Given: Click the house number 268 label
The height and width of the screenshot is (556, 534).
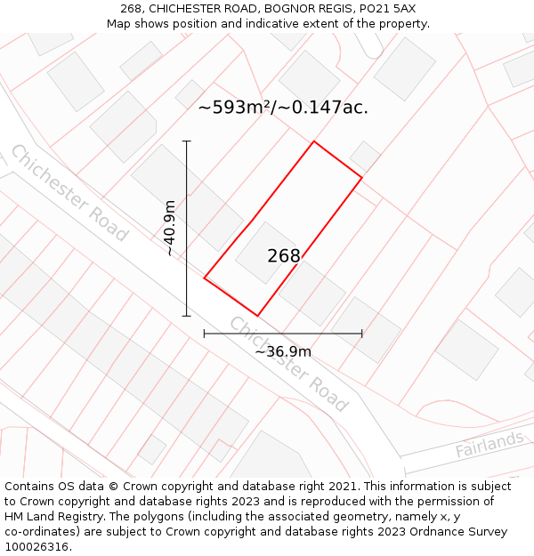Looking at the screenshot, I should (284, 256).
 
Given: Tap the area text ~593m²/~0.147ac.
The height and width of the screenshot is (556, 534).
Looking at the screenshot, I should (283, 108).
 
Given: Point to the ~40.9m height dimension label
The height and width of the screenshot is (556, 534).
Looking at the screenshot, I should (169, 229).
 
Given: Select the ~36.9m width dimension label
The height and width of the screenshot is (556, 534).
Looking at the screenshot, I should (283, 351).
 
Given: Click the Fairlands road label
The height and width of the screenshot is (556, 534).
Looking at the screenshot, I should (489, 444).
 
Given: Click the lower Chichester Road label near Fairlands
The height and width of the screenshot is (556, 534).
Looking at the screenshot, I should (288, 364).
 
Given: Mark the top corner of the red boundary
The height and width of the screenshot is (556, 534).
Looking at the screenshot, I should (313, 141).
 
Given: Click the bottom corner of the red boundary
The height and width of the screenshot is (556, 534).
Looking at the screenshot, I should (258, 316).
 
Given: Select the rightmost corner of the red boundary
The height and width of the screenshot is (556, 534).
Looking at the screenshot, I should (361, 178).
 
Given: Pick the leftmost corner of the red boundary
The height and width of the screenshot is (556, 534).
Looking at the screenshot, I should (205, 278).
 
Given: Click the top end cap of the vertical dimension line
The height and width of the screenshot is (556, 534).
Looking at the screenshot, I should (187, 141).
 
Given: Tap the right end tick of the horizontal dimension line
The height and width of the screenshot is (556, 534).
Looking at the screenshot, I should (361, 334).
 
